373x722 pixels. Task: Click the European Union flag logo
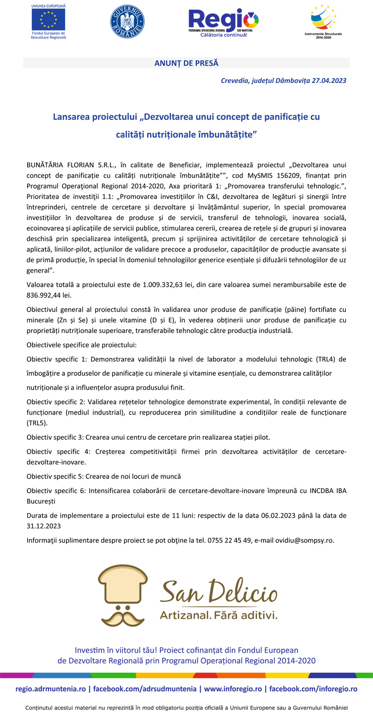click(x=48, y=20)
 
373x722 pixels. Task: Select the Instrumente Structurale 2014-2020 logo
click(x=323, y=21)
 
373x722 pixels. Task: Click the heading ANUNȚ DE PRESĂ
click(x=186, y=63)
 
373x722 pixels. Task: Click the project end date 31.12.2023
click(x=44, y=526)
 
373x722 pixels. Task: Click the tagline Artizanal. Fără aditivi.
click(x=218, y=615)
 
